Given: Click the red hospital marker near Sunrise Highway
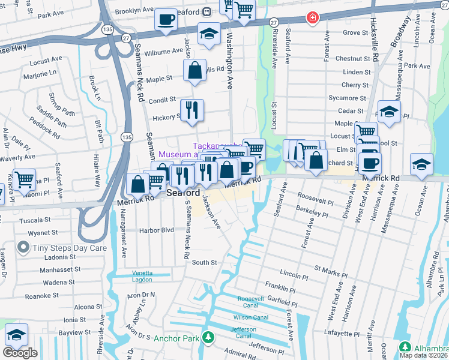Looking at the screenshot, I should [312, 17].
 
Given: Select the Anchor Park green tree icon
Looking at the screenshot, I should [208, 338].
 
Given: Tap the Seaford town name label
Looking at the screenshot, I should [182, 193].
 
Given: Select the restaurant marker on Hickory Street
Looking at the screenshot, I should [192, 110].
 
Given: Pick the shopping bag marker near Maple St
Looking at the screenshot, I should [195, 70].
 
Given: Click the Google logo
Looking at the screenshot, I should [20, 352].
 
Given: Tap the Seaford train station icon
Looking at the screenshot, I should [206, 11].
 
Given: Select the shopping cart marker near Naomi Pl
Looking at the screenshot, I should [24, 178].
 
